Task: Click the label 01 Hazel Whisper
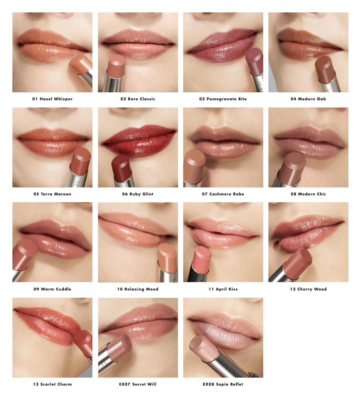52,99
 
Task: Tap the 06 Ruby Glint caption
138,194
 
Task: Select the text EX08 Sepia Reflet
223,384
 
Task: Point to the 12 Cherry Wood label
308,289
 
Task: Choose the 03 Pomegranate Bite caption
223,99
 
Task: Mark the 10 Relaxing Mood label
138,289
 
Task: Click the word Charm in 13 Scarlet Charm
64,384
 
